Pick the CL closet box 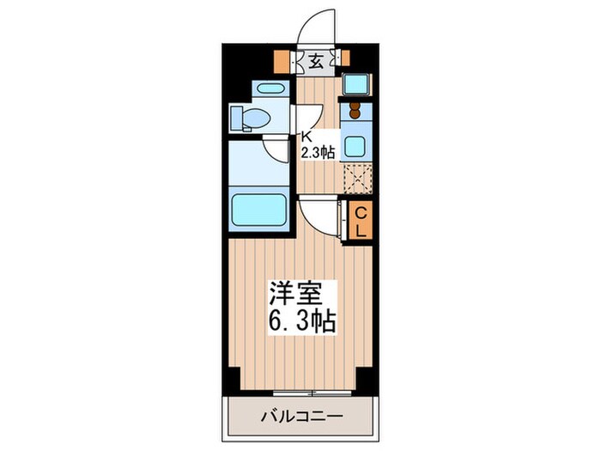click(x=361, y=221)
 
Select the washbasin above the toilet click(x=268, y=88)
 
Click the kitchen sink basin click(x=355, y=145)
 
